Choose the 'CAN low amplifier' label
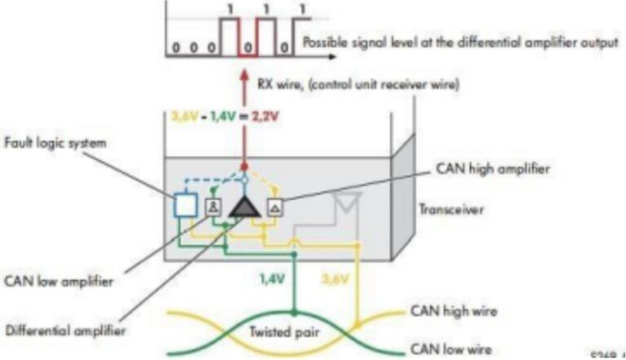click(x=58, y=282)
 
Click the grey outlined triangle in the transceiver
click(x=350, y=203)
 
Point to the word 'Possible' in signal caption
click(x=328, y=42)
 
